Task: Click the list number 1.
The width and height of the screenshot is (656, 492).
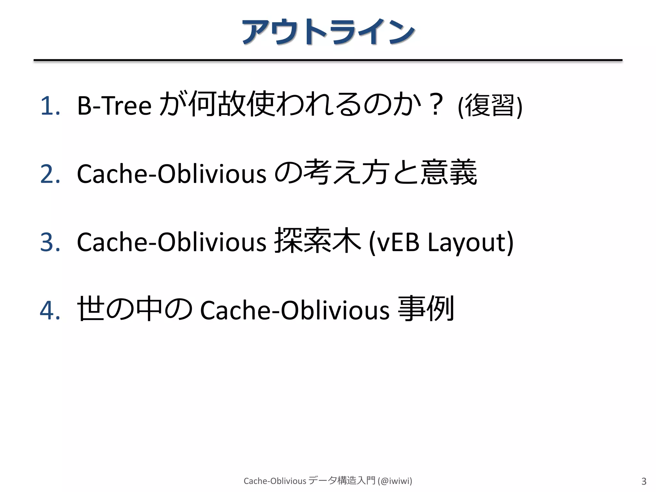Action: pos(50,106)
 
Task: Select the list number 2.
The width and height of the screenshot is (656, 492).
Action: pos(50,174)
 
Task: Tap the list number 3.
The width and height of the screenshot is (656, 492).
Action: pos(50,242)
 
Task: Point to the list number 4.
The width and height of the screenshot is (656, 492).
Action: pos(50,310)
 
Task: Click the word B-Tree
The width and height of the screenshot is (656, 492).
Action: pos(114,106)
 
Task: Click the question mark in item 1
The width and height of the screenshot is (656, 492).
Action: pos(436,104)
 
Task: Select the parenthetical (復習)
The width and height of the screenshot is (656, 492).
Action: pos(490,106)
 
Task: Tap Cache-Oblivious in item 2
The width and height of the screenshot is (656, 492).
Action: pos(171,174)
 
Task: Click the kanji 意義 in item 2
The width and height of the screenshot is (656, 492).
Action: pos(448,173)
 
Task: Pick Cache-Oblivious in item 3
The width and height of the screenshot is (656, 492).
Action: pos(171,242)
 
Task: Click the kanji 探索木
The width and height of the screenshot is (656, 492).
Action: pos(317,241)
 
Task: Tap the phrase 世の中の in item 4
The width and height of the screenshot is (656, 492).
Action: pos(135,309)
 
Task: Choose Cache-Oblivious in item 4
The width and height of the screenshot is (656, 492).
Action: pos(295,310)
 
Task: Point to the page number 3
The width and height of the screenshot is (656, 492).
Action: pos(644,481)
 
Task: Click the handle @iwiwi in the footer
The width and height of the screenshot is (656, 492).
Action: pos(395,481)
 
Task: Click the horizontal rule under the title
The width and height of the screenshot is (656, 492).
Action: pos(328,60)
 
